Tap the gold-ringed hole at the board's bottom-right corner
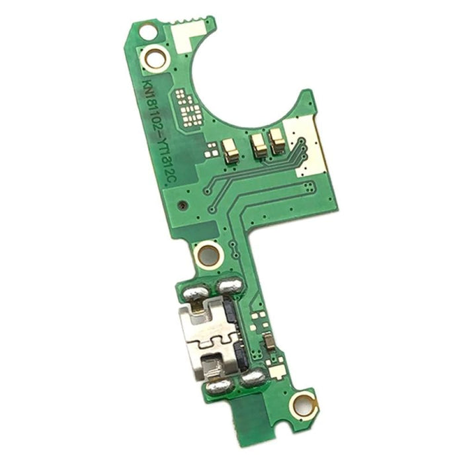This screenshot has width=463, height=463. click(x=305, y=401)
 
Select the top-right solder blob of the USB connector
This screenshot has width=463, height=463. click(x=229, y=286)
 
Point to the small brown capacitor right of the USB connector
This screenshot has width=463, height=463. click(x=270, y=342)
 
